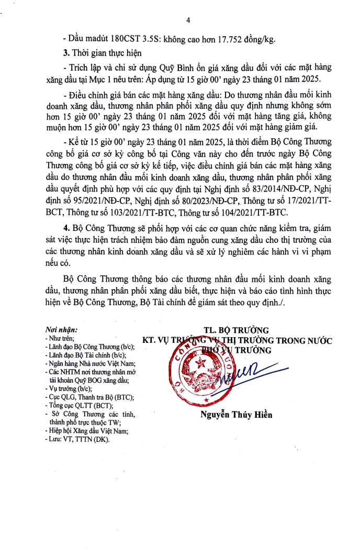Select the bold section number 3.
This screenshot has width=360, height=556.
click(65, 53)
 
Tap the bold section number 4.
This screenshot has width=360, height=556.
click(65, 230)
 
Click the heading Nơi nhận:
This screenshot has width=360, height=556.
click(61, 330)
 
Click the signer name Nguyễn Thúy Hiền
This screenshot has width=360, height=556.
click(237, 416)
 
